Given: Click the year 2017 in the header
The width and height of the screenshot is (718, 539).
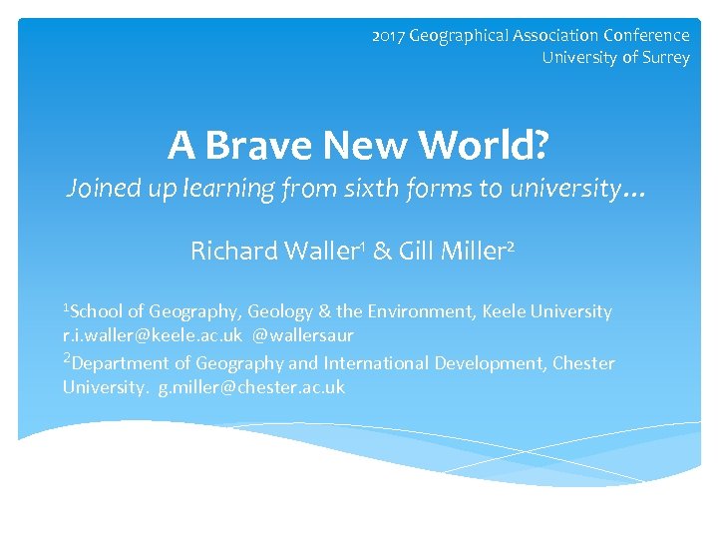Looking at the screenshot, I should point(388,36).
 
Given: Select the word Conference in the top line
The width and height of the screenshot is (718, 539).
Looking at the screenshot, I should point(645,36).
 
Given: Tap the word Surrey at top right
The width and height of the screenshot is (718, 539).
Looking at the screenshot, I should point(665,58).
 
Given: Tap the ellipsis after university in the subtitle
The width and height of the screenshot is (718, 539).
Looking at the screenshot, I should point(634,190).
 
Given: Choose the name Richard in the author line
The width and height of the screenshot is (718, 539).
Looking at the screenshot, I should point(233,251).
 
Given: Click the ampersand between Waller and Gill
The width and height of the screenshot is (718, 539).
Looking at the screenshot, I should point(382,251).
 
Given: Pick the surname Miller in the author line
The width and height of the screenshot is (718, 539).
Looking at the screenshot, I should point(469,251).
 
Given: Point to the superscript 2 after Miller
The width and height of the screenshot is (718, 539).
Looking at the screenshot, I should point(511,246).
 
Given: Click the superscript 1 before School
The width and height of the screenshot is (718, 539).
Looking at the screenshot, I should point(66,306).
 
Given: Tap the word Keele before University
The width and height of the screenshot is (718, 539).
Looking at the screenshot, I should point(508,311).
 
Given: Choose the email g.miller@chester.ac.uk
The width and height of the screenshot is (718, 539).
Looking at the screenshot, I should point(251,387).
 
